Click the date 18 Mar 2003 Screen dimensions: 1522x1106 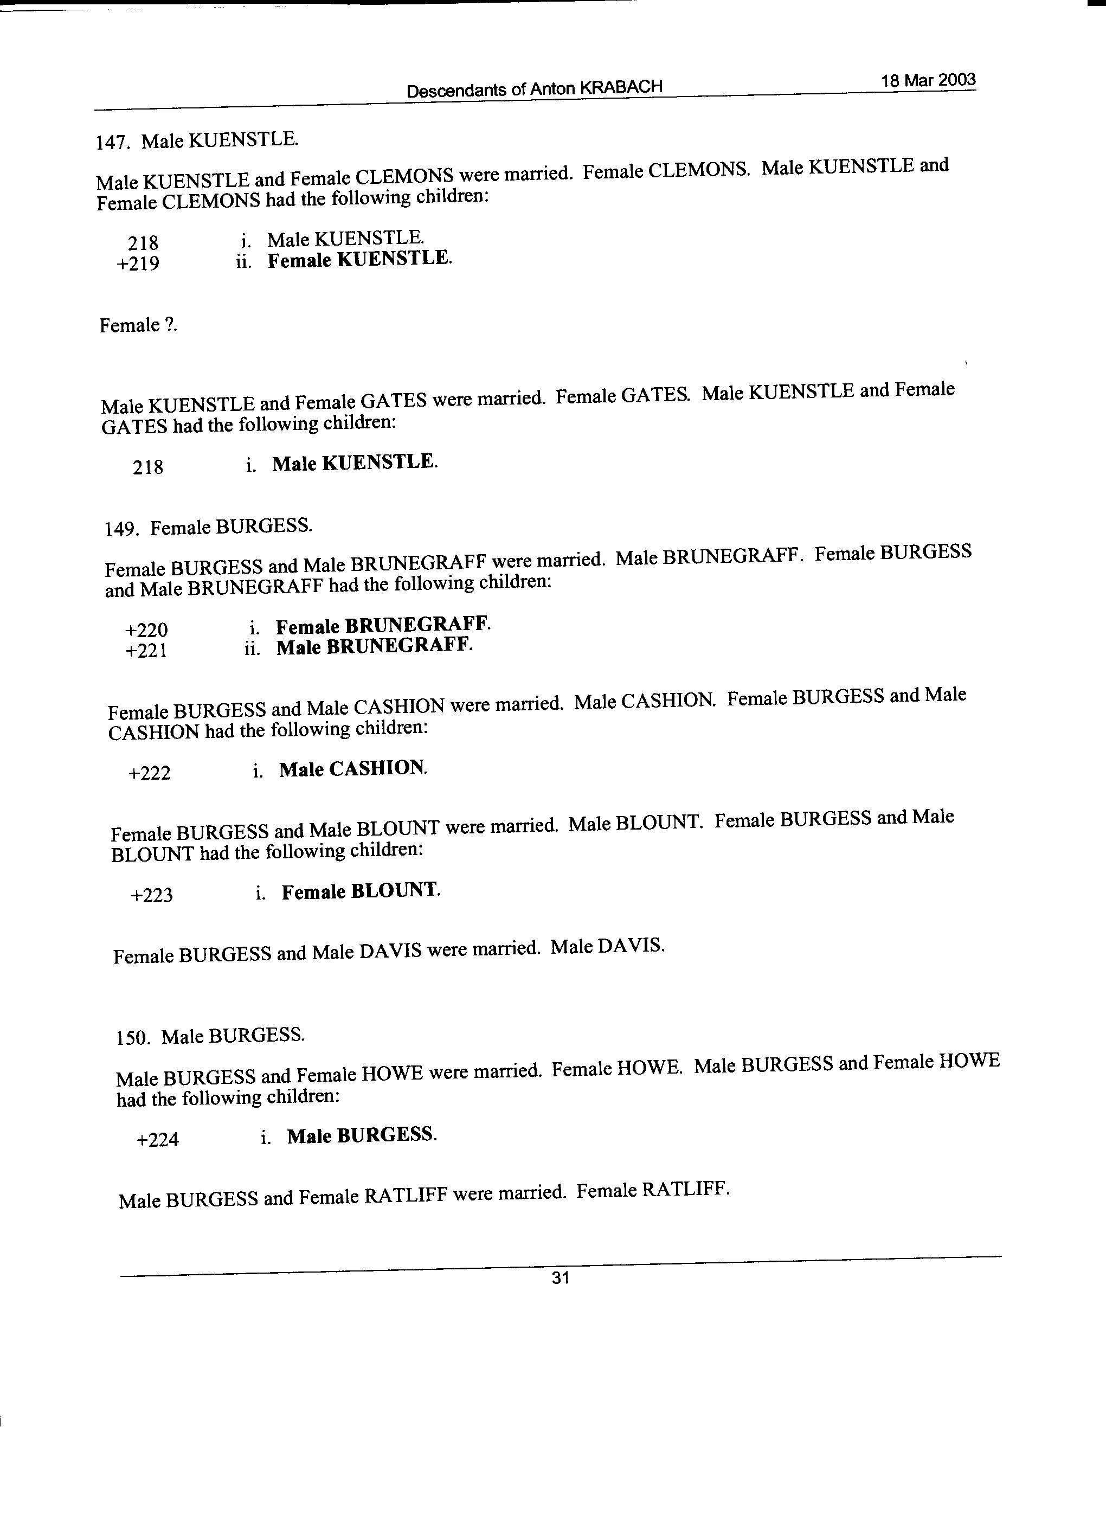928,81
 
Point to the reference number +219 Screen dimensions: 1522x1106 138,264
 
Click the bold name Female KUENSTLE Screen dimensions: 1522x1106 359,259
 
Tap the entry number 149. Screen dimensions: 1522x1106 121,530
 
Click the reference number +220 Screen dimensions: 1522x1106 146,630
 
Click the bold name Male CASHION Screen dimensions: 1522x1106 352,769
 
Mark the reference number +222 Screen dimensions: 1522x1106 150,773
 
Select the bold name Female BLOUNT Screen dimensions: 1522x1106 361,891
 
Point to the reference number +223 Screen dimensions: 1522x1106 152,895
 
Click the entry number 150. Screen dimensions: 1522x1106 132,1038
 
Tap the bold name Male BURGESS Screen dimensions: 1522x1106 362,1135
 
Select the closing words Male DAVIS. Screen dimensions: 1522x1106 607,947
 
